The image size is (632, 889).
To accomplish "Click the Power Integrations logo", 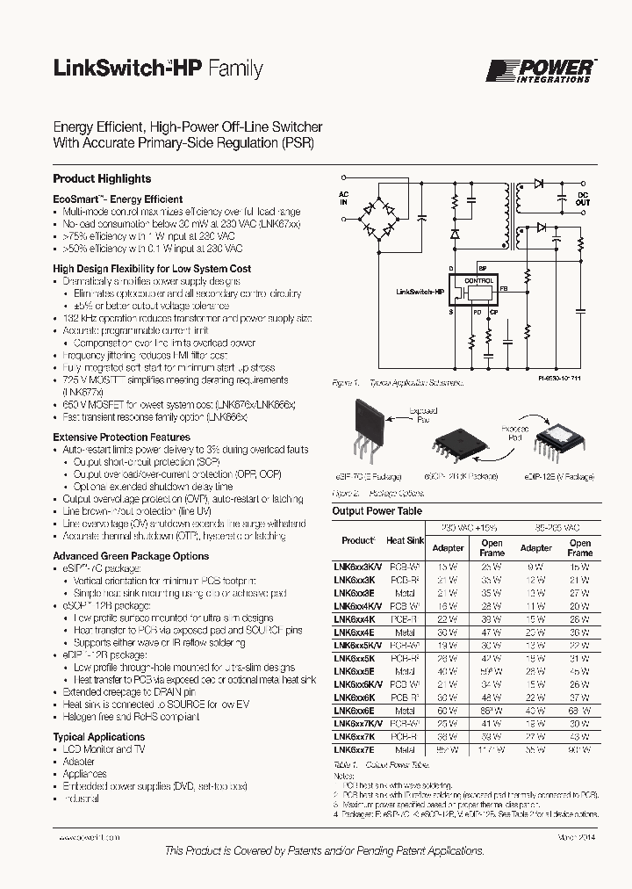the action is (x=541, y=70).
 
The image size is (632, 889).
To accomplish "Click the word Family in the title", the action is (x=234, y=69).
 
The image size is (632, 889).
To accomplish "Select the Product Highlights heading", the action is (x=102, y=178).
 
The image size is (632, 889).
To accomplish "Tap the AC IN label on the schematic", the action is (x=344, y=196).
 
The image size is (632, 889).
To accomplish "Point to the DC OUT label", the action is (x=583, y=198).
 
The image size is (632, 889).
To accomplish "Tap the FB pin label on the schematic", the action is (x=504, y=287).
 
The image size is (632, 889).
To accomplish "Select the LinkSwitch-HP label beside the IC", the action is (x=420, y=291).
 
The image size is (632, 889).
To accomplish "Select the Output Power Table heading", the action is (x=377, y=511).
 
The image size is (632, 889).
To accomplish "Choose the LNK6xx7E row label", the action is (x=354, y=750).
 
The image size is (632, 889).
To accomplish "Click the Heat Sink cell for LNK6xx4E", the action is (x=404, y=632).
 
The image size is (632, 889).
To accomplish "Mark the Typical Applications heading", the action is (x=98, y=737).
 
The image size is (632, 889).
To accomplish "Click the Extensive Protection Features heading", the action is (x=121, y=437).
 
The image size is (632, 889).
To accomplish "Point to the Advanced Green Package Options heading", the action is (x=131, y=556).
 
